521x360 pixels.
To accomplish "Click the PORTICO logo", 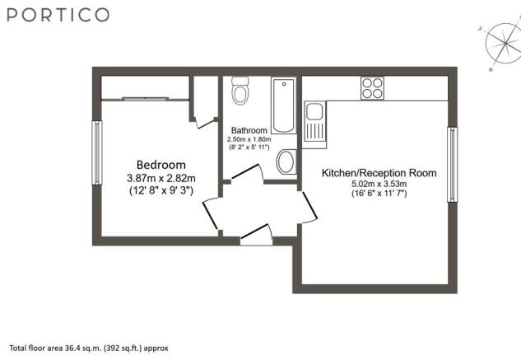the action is click(x=58, y=15).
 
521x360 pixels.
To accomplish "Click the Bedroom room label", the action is click(x=161, y=165).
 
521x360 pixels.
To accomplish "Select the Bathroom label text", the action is click(x=249, y=130).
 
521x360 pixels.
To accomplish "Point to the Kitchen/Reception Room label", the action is click(x=379, y=173).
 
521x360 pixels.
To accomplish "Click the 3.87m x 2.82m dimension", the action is click(x=161, y=178).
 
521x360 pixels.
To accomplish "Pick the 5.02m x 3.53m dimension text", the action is click(x=379, y=184).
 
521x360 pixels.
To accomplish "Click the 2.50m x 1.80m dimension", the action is click(x=249, y=139).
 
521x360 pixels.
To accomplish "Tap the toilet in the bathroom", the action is click(x=240, y=91).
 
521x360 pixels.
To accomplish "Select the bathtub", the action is click(x=284, y=105).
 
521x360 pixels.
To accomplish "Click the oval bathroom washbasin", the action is click(x=286, y=161).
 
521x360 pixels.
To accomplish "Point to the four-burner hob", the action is click(x=372, y=88).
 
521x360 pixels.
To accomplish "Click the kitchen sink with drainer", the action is click(x=314, y=124).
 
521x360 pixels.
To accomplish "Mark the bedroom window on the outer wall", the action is click(x=96, y=152).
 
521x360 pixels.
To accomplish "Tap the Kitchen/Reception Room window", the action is click(x=452, y=165).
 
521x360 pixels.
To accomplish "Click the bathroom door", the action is click(x=245, y=171).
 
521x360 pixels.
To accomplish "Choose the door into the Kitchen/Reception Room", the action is click(x=309, y=208).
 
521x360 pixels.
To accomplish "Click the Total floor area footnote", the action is click(x=89, y=348).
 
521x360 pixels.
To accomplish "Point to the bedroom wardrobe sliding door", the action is click(x=145, y=99).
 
